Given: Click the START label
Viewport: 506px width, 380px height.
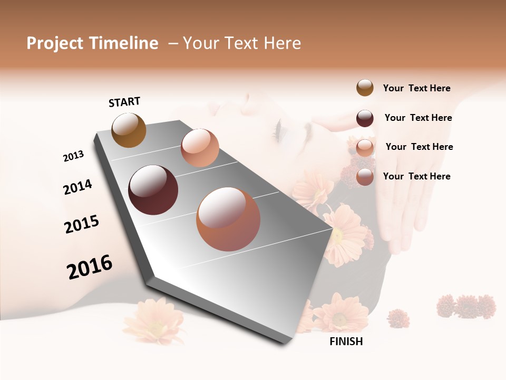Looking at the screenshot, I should pyautogui.click(x=124, y=102).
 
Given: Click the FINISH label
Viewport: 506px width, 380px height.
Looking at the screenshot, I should pyautogui.click(x=346, y=341).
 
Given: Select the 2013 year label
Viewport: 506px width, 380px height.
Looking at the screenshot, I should pyautogui.click(x=73, y=156).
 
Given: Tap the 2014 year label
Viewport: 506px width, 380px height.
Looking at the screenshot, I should pyautogui.click(x=77, y=187).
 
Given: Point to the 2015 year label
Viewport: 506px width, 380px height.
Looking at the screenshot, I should pyautogui.click(x=82, y=224).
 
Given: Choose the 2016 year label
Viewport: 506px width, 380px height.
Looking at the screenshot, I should pyautogui.click(x=90, y=267).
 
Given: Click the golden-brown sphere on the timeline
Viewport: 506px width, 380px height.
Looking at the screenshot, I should pyautogui.click(x=129, y=130).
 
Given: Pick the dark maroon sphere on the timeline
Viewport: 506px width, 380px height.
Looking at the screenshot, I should pyautogui.click(x=153, y=189).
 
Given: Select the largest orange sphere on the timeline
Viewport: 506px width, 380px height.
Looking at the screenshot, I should pyautogui.click(x=228, y=219).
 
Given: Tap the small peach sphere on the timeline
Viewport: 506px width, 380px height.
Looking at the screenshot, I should pyautogui.click(x=200, y=147).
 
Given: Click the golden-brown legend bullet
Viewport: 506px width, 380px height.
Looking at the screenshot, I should pyautogui.click(x=365, y=88).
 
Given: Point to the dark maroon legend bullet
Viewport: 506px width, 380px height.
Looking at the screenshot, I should pyautogui.click(x=365, y=118).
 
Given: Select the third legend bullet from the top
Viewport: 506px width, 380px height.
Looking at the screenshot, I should pyautogui.click(x=365, y=147).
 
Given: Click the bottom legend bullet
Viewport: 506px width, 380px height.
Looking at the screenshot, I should pyautogui.click(x=365, y=177).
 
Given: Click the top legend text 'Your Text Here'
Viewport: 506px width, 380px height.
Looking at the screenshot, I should pyautogui.click(x=416, y=88).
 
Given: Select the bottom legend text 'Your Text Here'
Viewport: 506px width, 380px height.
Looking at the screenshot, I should pyautogui.click(x=416, y=176).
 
